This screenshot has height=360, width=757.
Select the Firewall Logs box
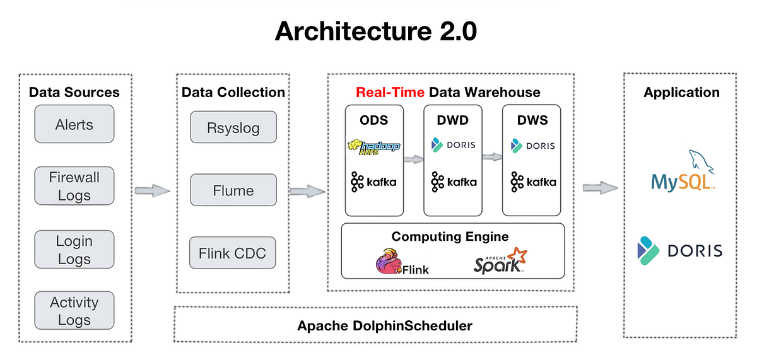(x=74, y=186)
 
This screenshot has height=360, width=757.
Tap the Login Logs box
(x=74, y=250)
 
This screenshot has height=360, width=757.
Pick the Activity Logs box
(x=74, y=311)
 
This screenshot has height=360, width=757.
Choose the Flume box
(x=233, y=191)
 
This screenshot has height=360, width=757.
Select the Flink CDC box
(x=233, y=253)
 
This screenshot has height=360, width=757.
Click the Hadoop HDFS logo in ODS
(x=373, y=147)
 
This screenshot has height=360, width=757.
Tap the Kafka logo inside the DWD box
(x=454, y=183)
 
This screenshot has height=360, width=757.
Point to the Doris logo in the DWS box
(x=532, y=146)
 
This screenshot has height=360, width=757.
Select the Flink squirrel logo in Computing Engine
(x=401, y=262)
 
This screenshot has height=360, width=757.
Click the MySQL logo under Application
(x=684, y=173)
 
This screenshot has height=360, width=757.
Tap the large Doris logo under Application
(x=679, y=250)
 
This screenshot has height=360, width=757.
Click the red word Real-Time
(x=390, y=92)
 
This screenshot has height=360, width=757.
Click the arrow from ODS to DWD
(x=414, y=160)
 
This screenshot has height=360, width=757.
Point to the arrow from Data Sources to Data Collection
(x=153, y=190)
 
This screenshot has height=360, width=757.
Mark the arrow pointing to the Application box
(x=600, y=187)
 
